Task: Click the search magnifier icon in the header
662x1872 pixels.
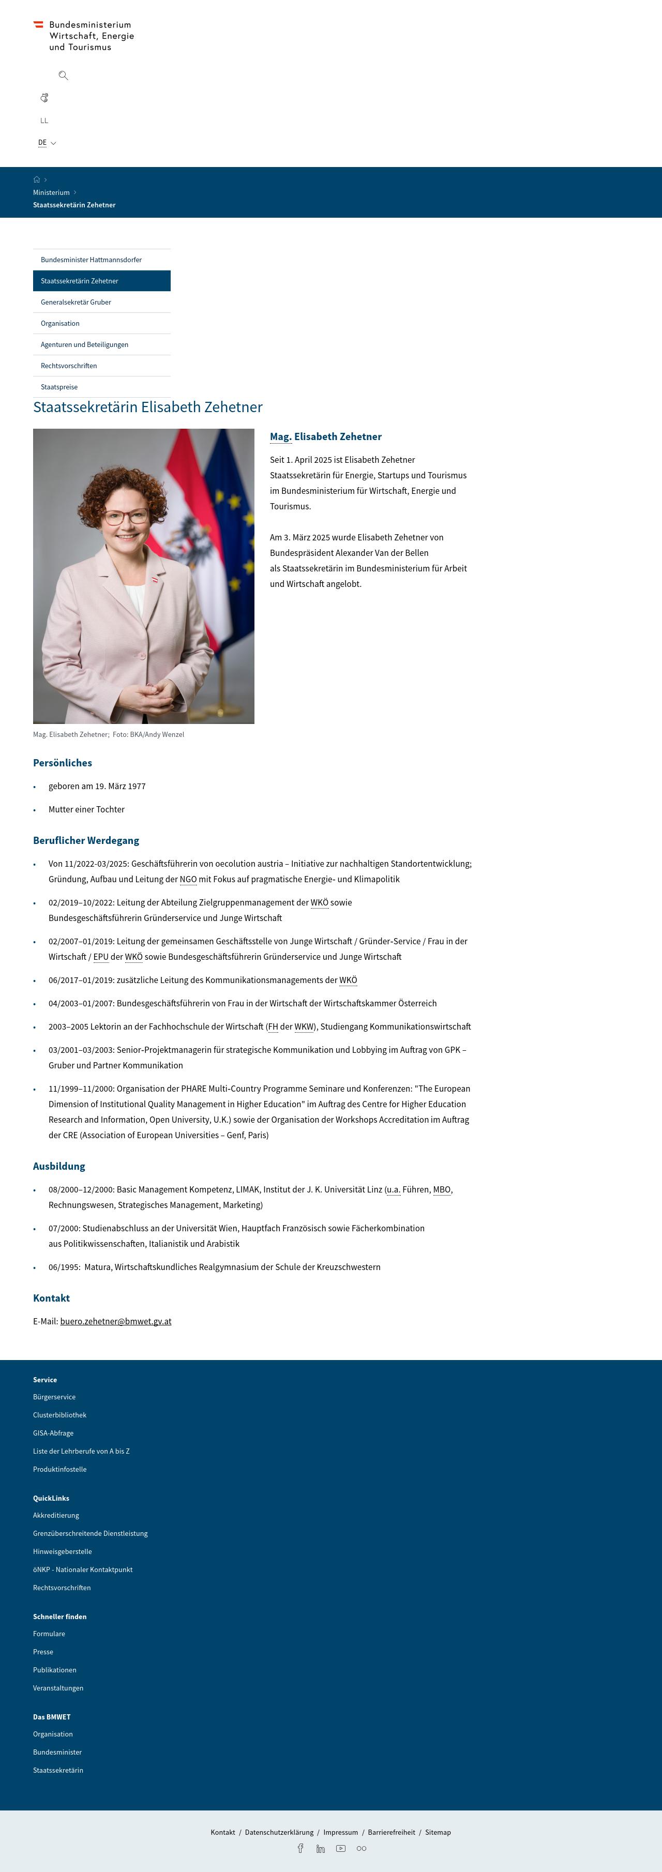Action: pos(63,76)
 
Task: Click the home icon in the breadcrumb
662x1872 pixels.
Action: pos(36,179)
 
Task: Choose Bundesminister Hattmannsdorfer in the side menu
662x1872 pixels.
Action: pos(91,260)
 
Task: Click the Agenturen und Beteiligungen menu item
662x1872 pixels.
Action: pos(84,344)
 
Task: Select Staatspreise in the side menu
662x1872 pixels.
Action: pos(59,387)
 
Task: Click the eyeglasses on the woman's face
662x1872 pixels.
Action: pos(126,517)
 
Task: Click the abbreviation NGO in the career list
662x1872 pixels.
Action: pos(188,879)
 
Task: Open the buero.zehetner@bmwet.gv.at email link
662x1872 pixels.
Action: pos(115,1321)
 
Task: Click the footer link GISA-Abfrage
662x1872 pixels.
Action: pos(53,1433)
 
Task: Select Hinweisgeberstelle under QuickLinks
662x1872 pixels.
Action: pos(63,1551)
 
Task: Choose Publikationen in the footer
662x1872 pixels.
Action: pos(54,1670)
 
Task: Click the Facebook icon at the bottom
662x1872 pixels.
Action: pos(300,1848)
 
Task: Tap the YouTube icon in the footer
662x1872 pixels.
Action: pos(341,1848)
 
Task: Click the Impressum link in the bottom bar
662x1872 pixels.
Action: pos(341,1832)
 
